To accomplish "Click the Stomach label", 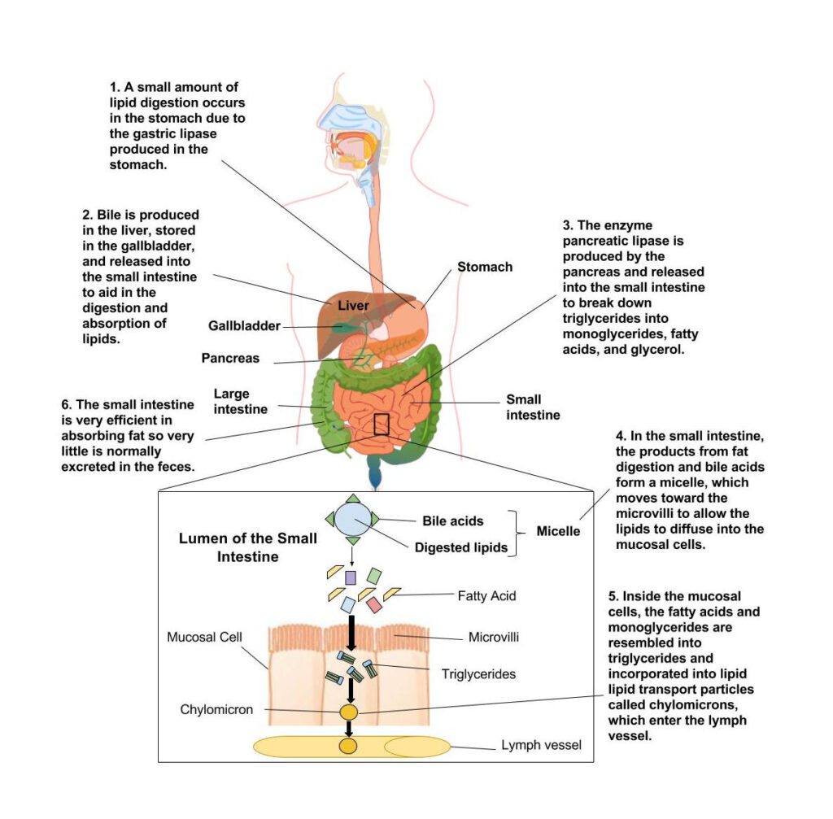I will pos(484,267).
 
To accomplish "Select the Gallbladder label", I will pos(244,326).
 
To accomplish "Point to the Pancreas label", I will pos(231,358).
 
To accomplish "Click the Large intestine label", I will pos(241,401).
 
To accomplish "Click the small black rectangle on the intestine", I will pos(382,424).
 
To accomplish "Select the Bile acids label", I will pos(453,521).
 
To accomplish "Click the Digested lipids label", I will pos(461,547).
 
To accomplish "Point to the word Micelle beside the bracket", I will pos(558,532).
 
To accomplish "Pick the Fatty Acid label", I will pos(486,596).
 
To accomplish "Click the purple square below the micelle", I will pos(351,577).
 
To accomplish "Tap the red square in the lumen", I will pos(374,605).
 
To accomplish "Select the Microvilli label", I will pos(495,638).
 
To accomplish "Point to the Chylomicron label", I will pos(217,710).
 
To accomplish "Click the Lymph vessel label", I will pos(541,744).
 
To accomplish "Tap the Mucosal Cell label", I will pos(204,636).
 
